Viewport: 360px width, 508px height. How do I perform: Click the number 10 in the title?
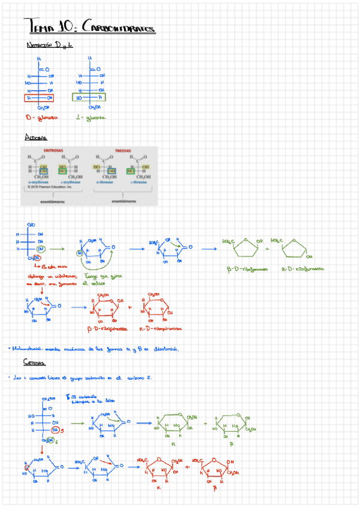click(x=64, y=26)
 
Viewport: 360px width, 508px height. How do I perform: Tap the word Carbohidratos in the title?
click(x=117, y=28)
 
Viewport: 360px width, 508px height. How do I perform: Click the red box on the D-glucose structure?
click(x=39, y=97)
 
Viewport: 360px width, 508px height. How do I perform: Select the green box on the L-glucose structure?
click(x=88, y=97)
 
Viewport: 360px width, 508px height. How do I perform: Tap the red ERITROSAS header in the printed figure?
click(x=55, y=152)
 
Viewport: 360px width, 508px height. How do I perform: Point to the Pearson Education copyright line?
click(x=49, y=186)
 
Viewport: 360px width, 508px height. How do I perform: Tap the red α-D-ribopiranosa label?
click(x=160, y=328)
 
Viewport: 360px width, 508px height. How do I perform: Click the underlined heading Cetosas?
click(x=34, y=362)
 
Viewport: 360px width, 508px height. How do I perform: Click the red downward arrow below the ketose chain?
click(x=42, y=450)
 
